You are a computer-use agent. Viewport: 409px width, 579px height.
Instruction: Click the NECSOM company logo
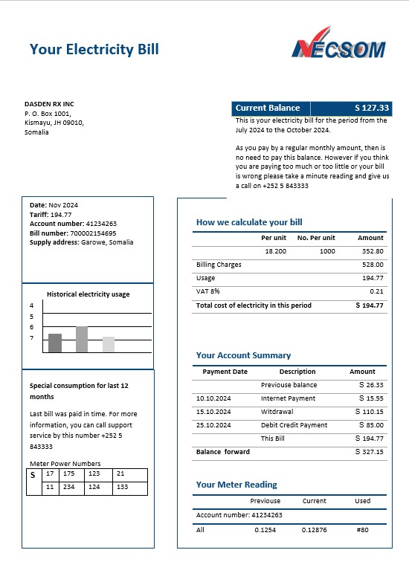338,44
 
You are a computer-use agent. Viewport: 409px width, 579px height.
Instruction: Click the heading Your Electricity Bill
94,50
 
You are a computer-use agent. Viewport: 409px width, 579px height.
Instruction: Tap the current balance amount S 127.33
372,108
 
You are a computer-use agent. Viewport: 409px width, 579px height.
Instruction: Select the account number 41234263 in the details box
101,224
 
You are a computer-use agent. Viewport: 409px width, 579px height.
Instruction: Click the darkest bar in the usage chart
55,343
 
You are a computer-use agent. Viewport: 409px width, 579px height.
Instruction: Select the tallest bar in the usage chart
82,339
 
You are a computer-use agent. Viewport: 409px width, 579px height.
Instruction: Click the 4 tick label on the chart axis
32,305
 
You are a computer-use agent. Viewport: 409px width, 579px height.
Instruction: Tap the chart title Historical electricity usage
88,294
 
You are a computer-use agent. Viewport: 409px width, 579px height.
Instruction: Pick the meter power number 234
69,487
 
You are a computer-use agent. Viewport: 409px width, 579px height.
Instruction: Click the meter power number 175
69,473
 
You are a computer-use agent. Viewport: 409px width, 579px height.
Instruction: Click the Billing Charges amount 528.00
373,265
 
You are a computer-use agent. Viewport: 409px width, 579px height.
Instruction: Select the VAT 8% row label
208,291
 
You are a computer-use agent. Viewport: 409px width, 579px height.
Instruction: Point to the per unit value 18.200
275,251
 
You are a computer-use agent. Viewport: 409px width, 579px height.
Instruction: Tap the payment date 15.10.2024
213,412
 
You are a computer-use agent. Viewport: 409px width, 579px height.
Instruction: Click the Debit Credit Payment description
294,425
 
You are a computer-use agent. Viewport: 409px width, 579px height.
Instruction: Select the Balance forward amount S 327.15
370,452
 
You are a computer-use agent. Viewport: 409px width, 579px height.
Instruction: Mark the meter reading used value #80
362,529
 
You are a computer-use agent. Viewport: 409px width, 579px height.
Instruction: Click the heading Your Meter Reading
236,485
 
